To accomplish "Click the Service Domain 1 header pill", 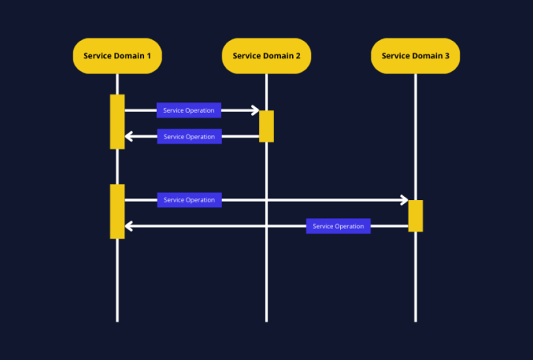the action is point(118,56).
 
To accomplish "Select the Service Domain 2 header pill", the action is point(266,56).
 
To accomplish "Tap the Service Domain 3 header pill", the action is point(415,56).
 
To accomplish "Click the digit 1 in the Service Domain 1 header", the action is point(149,56).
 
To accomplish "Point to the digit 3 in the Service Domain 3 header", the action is point(447,56).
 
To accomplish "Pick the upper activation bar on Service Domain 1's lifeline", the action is point(118,122).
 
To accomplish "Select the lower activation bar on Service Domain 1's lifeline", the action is point(118,211).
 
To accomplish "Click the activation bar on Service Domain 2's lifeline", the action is point(266,126).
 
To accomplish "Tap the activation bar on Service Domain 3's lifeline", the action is point(415,216).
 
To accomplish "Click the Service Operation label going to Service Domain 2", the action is point(189,110).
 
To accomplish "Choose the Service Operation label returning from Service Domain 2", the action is point(190,136).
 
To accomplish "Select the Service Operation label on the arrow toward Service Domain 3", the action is point(190,200).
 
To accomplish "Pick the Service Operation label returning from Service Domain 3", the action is point(339,226).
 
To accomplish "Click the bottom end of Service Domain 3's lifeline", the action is point(415,322).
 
